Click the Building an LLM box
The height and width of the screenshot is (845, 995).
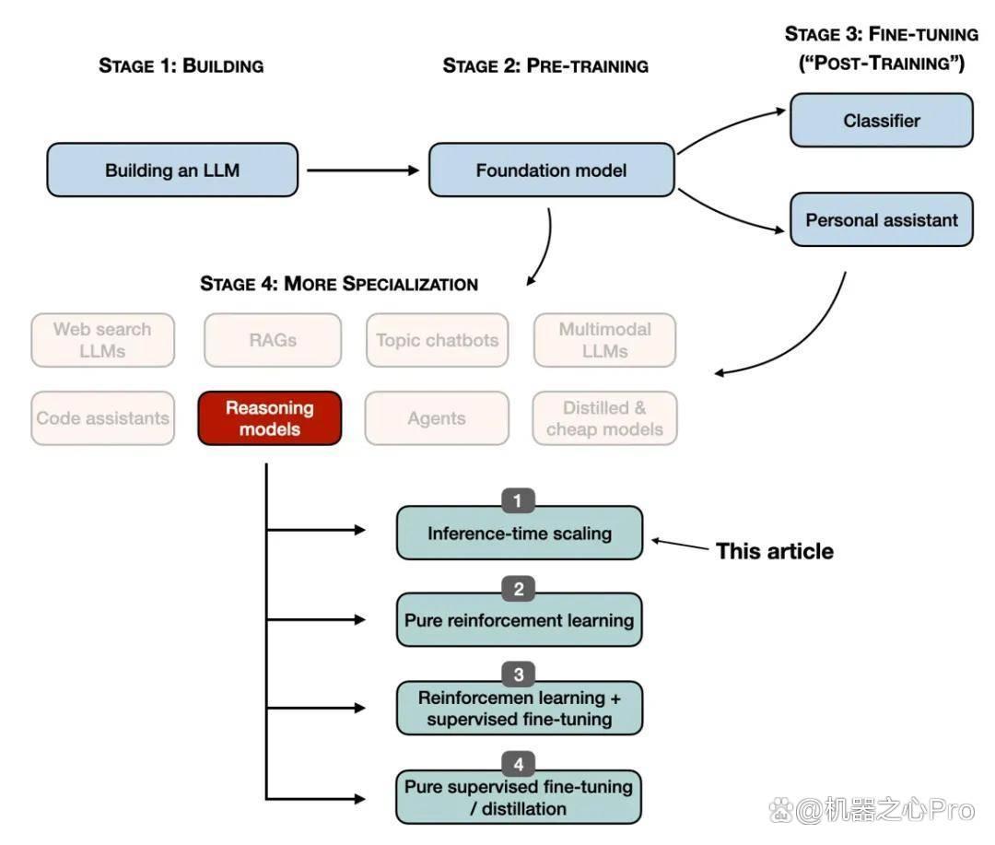172,170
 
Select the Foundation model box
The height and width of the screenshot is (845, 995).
552,170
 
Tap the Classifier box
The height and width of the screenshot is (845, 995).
882,120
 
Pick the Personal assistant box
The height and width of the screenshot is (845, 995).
882,219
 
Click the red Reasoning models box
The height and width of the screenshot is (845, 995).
270,417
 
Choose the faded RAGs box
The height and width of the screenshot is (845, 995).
273,340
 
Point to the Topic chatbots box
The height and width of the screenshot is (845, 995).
438,340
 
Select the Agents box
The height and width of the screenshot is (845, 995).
437,417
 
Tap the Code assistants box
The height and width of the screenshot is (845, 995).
103,417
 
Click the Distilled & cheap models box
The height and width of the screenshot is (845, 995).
604,417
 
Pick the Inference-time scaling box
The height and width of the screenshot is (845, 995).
520,533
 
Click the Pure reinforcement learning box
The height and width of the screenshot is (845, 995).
520,619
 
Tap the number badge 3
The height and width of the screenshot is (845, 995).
519,675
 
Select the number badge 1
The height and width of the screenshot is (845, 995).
518,501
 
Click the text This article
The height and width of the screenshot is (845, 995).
775,551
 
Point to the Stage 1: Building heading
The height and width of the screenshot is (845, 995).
181,65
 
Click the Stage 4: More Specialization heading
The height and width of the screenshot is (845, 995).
339,283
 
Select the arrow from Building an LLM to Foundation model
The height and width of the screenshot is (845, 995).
363,170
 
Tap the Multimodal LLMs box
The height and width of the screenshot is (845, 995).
604,340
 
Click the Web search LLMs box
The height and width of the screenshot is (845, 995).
103,340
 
